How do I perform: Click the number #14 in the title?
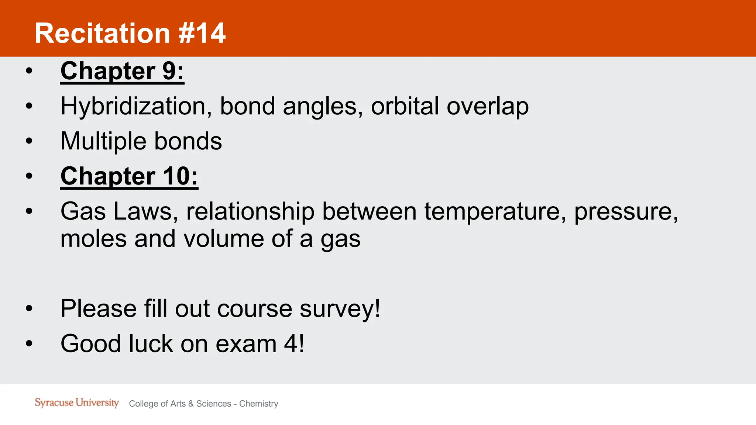(x=202, y=33)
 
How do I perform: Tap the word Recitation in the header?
(x=102, y=33)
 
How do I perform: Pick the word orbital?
(x=405, y=106)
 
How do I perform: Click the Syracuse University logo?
(x=77, y=402)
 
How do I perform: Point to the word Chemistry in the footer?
(x=258, y=404)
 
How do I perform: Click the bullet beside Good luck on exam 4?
(x=29, y=343)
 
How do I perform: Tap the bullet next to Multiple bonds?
(x=29, y=141)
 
